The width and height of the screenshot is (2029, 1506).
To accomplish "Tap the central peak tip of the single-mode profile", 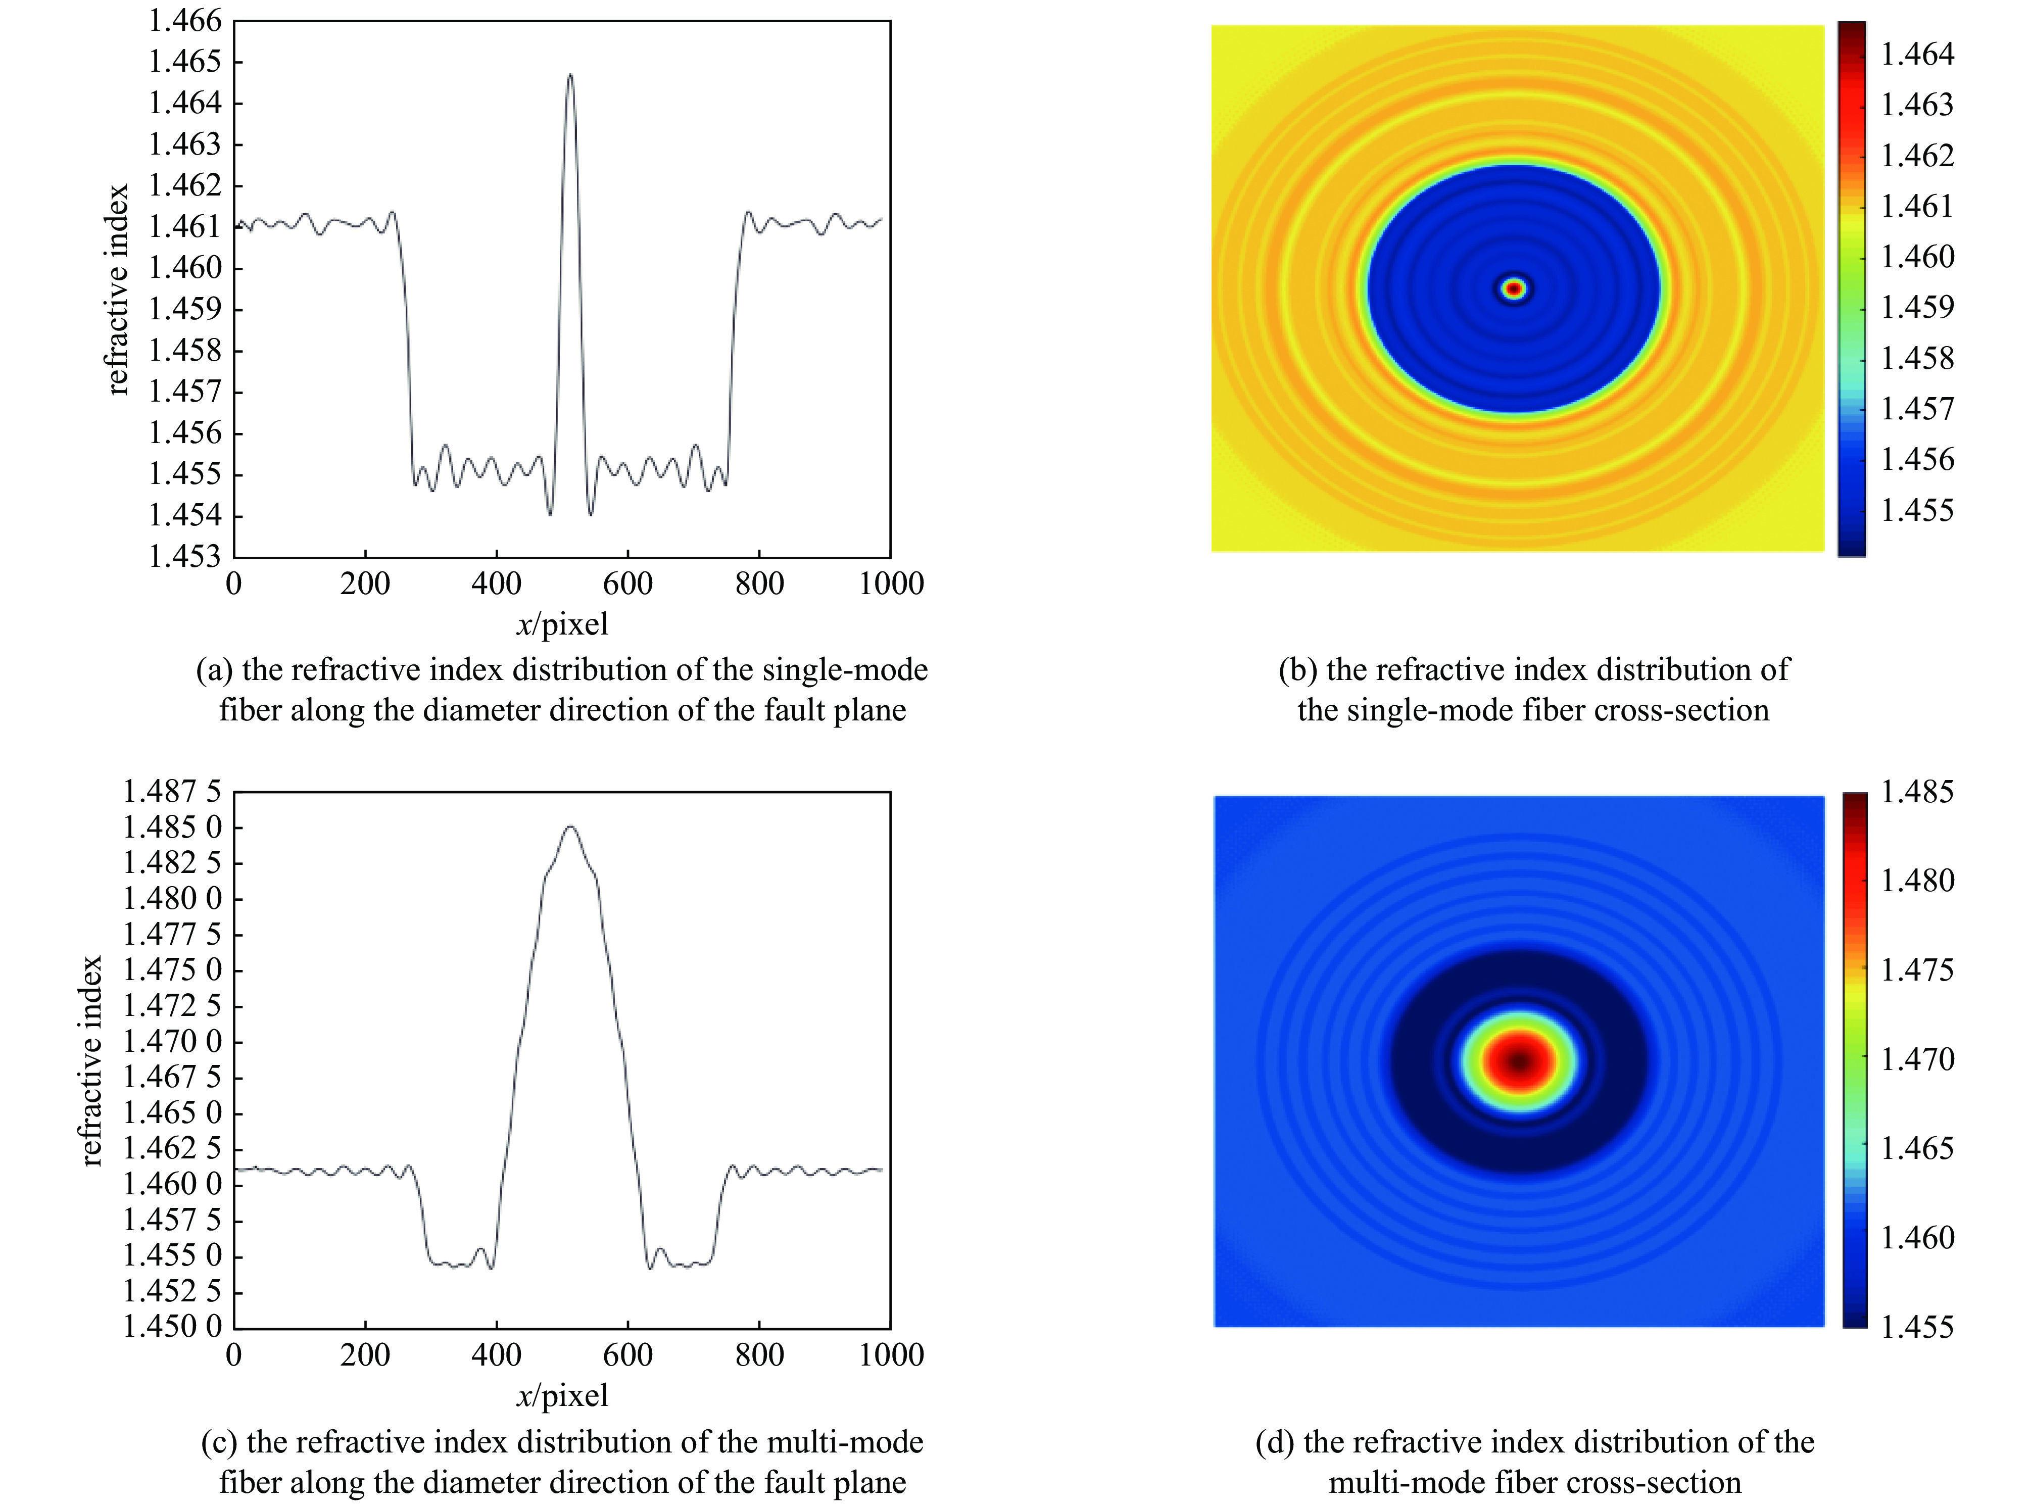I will click(x=570, y=75).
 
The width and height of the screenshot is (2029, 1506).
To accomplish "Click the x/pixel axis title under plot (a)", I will click(x=561, y=624).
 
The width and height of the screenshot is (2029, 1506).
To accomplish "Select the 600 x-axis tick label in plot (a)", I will click(x=627, y=584).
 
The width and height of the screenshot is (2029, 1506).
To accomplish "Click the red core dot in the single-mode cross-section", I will click(x=1514, y=289).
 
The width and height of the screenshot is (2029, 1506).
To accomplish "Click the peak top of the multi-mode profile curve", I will click(x=570, y=827).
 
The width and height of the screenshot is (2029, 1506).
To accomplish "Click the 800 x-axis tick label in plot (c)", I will click(x=758, y=1354).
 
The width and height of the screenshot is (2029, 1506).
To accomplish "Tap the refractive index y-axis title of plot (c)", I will click(x=90, y=1061).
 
